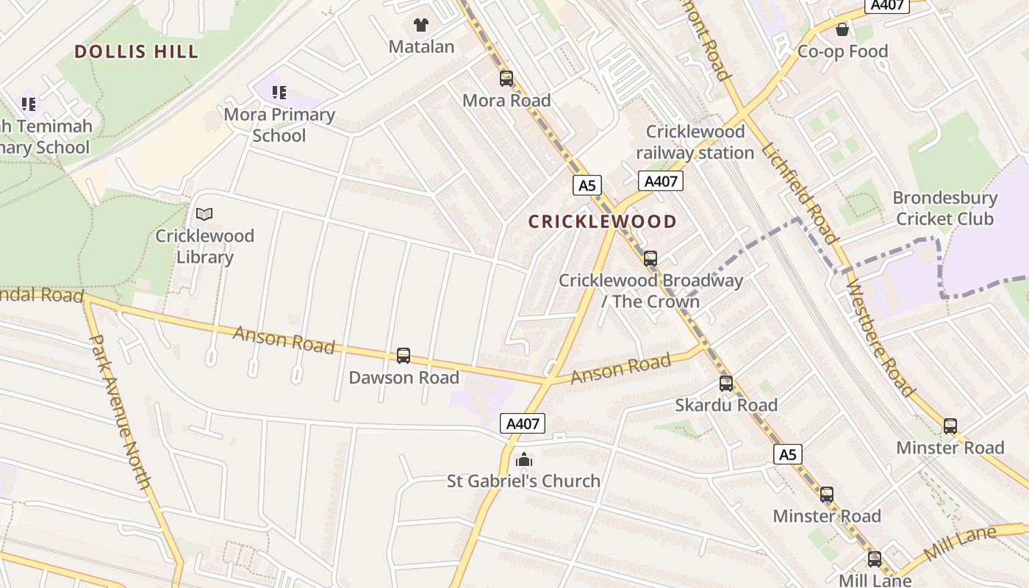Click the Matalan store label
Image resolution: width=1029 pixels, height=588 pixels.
pyautogui.click(x=421, y=47)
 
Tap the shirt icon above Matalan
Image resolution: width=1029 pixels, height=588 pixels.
pyautogui.click(x=420, y=25)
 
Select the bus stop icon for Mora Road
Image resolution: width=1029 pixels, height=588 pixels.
pyautogui.click(x=506, y=79)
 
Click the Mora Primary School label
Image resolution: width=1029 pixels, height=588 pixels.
pyautogui.click(x=279, y=125)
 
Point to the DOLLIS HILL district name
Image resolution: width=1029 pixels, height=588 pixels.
pyautogui.click(x=137, y=51)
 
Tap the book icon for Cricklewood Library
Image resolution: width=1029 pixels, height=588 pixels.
pyautogui.click(x=204, y=215)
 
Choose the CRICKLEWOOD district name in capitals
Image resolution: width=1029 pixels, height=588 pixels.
pyautogui.click(x=603, y=221)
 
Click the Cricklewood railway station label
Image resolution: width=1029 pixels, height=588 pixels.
pyautogui.click(x=695, y=142)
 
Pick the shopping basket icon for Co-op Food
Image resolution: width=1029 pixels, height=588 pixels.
pyautogui.click(x=842, y=29)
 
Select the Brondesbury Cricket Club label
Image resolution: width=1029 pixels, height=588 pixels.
pyautogui.click(x=944, y=208)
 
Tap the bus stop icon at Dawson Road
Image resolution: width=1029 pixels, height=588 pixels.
pyautogui.click(x=404, y=356)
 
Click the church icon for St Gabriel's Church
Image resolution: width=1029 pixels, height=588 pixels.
pyautogui.click(x=524, y=460)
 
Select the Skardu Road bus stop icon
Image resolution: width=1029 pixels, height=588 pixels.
pyautogui.click(x=726, y=383)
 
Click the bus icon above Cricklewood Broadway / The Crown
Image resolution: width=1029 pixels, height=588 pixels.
pyautogui.click(x=650, y=259)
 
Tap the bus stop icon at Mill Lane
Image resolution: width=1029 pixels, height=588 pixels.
pyautogui.click(x=874, y=559)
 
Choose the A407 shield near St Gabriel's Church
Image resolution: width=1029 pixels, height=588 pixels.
pyautogui.click(x=523, y=423)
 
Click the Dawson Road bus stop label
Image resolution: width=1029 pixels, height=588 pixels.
pyautogui.click(x=404, y=378)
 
